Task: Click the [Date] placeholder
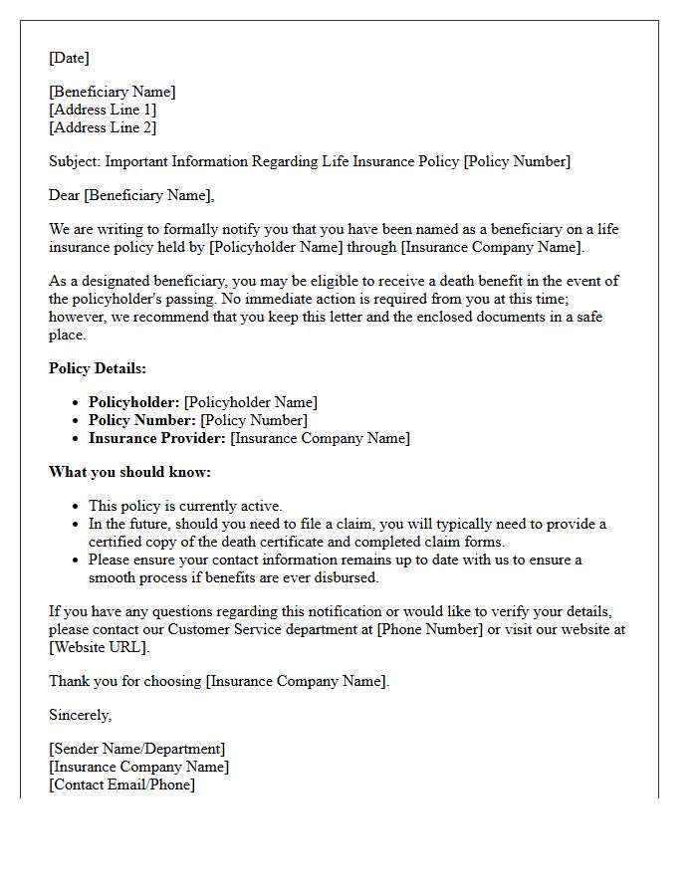click(x=69, y=58)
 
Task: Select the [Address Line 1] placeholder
click(x=103, y=110)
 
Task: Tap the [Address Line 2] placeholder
click(x=103, y=127)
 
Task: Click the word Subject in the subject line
click(x=74, y=161)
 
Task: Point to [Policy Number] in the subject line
click(x=517, y=161)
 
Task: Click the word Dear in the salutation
click(x=65, y=195)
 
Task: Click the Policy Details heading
click(x=98, y=368)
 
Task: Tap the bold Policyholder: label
click(x=134, y=402)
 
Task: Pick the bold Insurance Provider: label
click(x=157, y=438)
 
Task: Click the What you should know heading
click(x=129, y=472)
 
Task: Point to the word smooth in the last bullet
click(x=112, y=577)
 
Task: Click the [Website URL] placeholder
click(x=98, y=647)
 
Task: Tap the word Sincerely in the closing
click(x=80, y=715)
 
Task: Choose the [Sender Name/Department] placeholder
click(x=137, y=749)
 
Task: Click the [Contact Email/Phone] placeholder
click(x=122, y=784)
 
